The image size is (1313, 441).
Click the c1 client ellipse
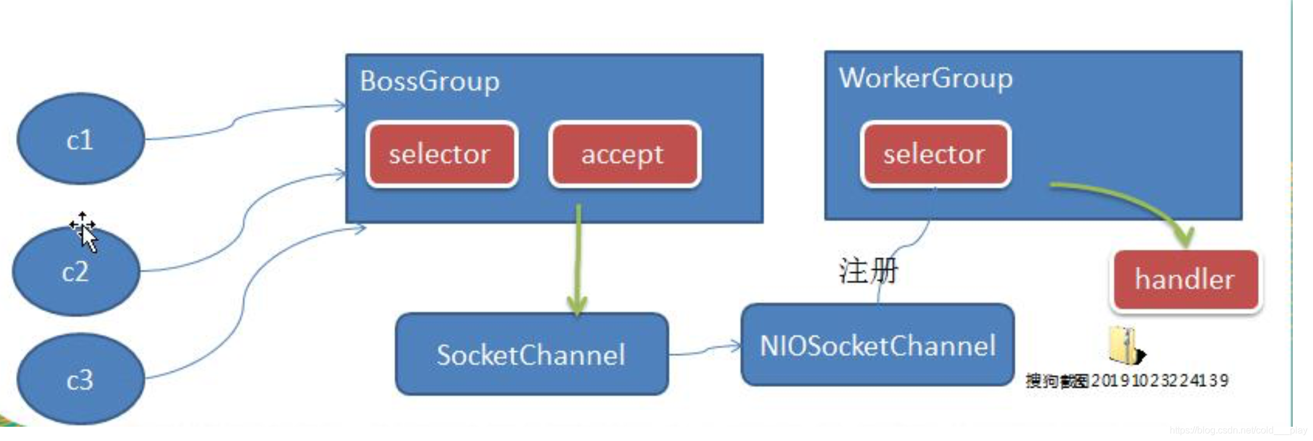click(x=80, y=139)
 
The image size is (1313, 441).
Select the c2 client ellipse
click(x=76, y=272)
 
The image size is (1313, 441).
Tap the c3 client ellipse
click(x=80, y=379)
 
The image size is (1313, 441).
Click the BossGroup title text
click(x=429, y=81)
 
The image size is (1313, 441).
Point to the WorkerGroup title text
click(x=925, y=78)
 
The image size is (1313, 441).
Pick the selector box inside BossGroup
click(x=441, y=155)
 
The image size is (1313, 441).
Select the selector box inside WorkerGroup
click(x=935, y=155)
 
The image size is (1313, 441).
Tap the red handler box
click(x=1185, y=279)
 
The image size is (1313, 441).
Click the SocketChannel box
click(x=531, y=355)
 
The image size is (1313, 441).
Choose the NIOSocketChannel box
click(x=877, y=346)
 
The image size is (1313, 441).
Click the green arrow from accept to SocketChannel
click(x=577, y=262)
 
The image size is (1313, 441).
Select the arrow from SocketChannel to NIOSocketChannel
click(x=705, y=351)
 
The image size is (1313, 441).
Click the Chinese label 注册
click(x=868, y=271)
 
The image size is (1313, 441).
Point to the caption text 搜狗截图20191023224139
click(x=1127, y=380)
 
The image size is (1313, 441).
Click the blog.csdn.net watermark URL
click(x=1237, y=430)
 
